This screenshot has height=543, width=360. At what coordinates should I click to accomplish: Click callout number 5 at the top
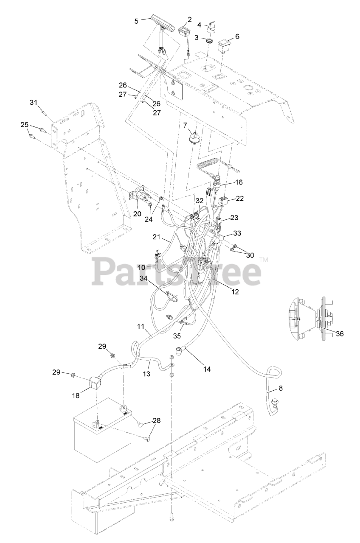coord(136,20)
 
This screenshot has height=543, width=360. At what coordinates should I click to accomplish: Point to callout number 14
coord(207,369)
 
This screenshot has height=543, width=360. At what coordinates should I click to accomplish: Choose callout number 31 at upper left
coord(34,102)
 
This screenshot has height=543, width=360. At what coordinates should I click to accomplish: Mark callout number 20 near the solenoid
coord(137,214)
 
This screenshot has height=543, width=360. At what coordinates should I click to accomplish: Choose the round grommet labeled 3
coord(208,41)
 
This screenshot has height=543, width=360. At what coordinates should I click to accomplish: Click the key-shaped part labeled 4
coord(212,26)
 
